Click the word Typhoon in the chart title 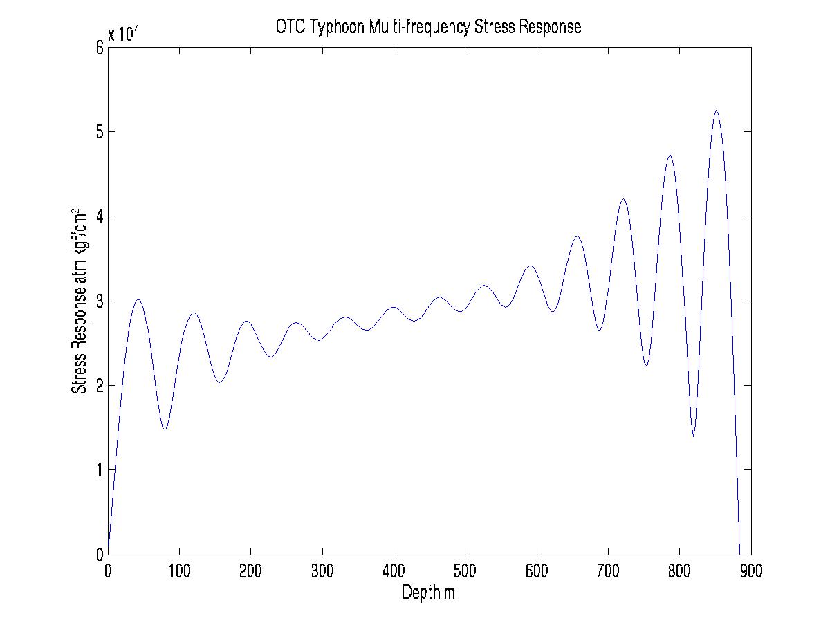coord(335,27)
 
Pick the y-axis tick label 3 coord(100,301)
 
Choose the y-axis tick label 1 coord(100,470)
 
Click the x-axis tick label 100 coord(179,571)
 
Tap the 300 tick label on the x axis coord(322,571)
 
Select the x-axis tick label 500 coord(465,571)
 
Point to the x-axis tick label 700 coord(608,571)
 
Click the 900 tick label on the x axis coord(750,571)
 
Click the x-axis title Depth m coord(429,593)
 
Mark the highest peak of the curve coord(717,111)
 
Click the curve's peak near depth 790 coord(670,155)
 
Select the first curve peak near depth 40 coord(138,299)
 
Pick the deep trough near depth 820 coord(693,436)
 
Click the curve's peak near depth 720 coord(623,199)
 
